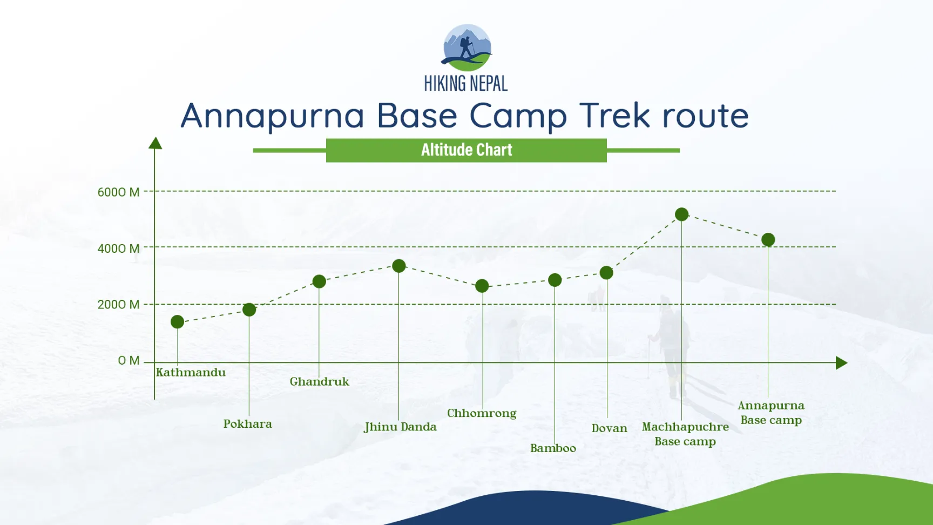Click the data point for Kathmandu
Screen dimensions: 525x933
tap(177, 322)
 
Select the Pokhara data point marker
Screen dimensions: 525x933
tap(249, 309)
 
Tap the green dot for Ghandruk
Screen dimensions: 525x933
tap(319, 281)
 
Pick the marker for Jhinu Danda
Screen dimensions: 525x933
tap(398, 266)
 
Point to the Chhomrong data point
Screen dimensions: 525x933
tap(482, 286)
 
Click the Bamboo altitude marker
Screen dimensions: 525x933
tap(555, 280)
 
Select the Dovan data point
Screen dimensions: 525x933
tap(606, 273)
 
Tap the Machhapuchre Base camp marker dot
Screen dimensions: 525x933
tap(681, 214)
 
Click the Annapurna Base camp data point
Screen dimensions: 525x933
tap(768, 240)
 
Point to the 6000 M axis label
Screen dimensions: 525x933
tap(118, 192)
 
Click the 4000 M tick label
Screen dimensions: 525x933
tap(118, 248)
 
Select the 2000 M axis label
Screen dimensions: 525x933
tap(118, 305)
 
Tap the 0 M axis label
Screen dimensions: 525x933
tap(129, 360)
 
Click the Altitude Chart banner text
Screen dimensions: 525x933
tap(466, 150)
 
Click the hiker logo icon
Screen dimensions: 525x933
tap(467, 48)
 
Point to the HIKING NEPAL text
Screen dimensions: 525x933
tap(465, 84)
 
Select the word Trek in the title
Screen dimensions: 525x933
tap(614, 116)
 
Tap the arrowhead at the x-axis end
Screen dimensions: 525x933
tap(841, 363)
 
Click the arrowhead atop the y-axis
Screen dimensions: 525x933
tap(155, 143)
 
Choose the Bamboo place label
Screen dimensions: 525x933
tap(553, 448)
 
